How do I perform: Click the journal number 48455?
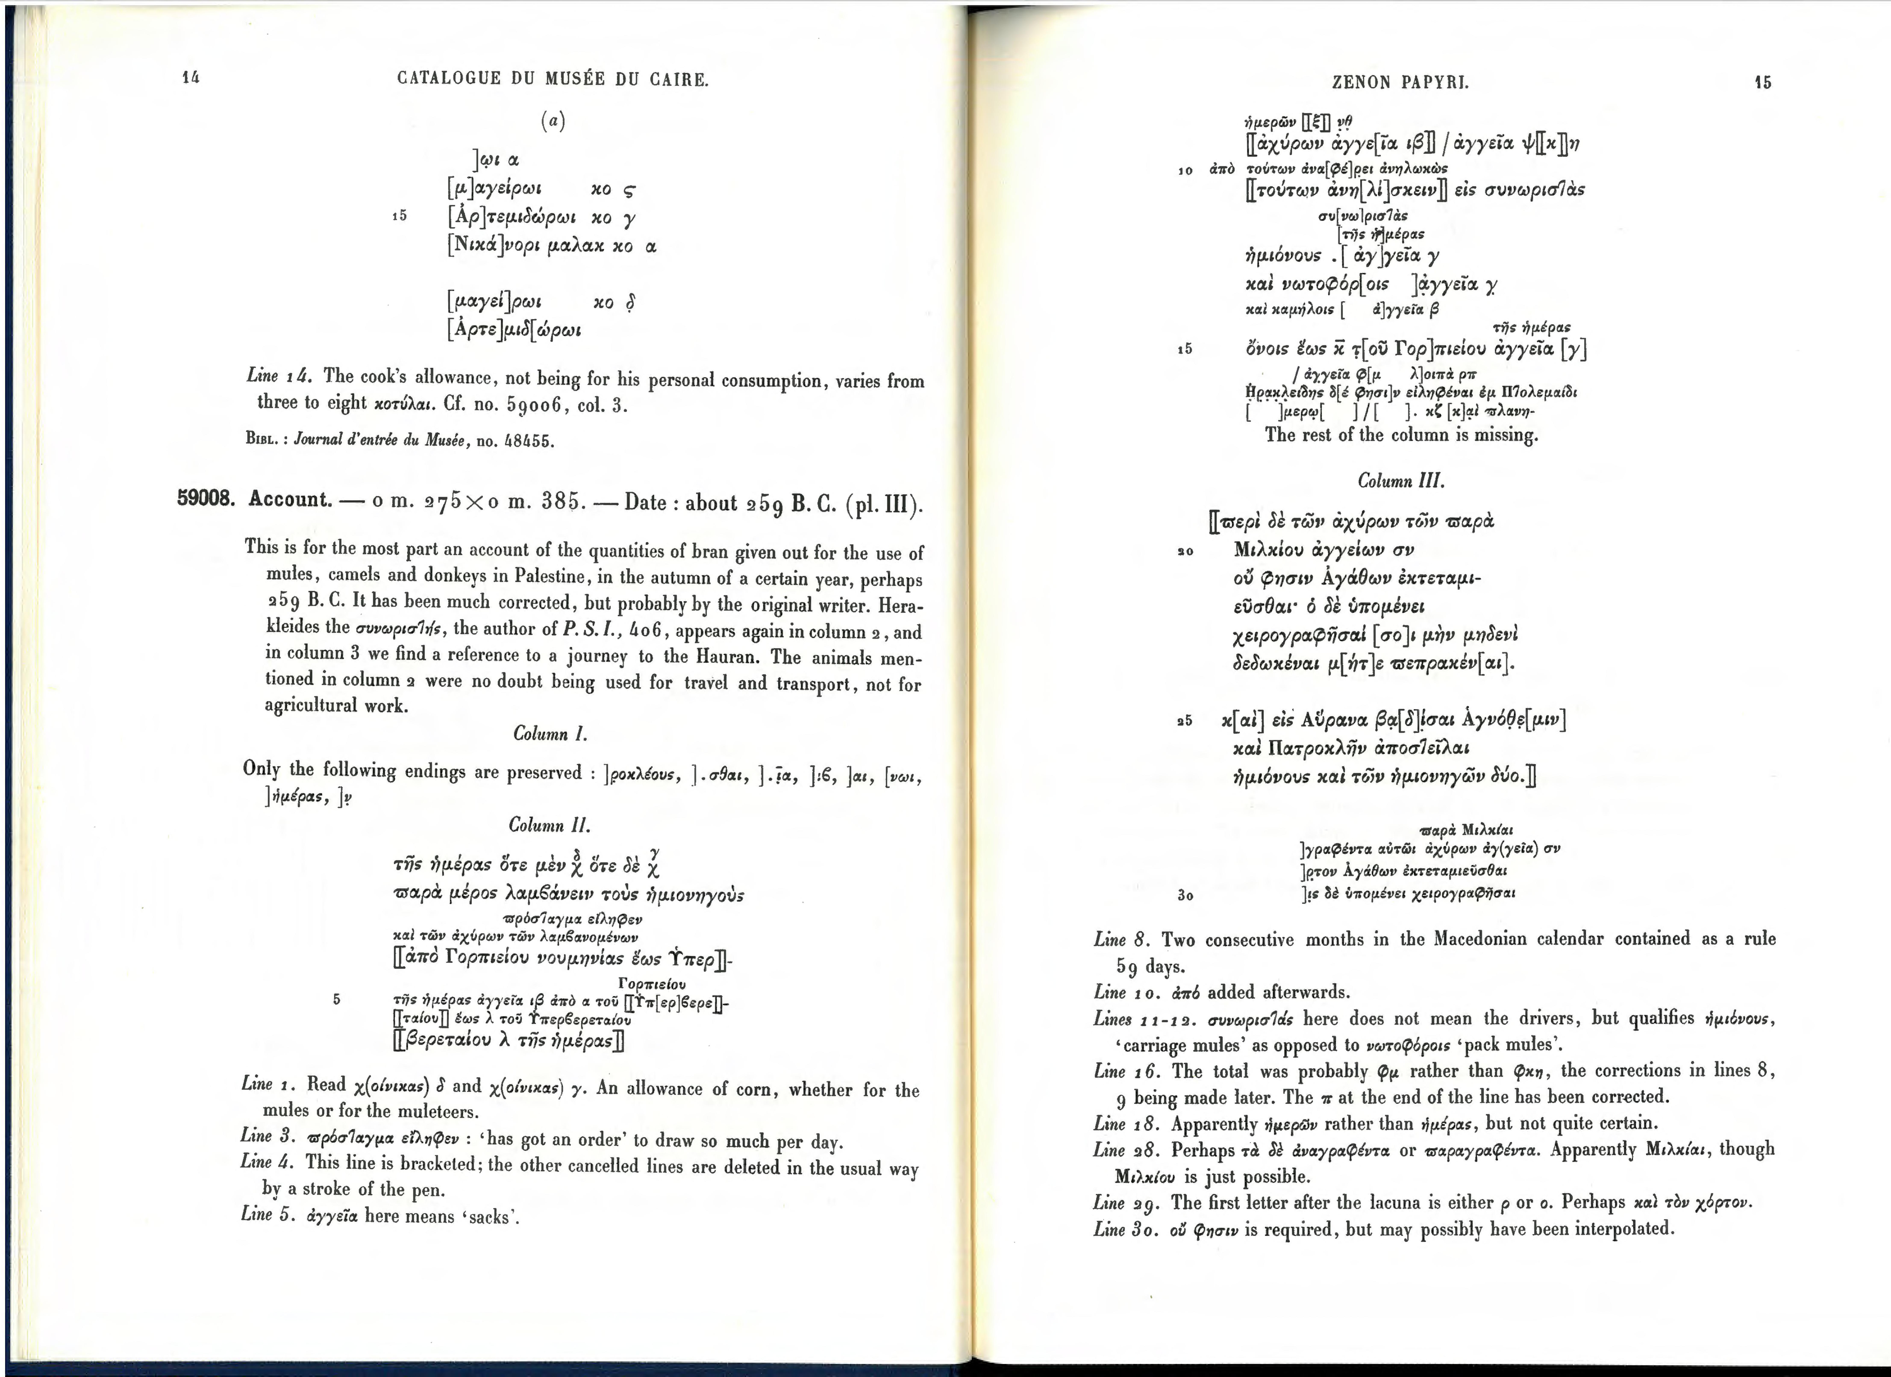point(527,441)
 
